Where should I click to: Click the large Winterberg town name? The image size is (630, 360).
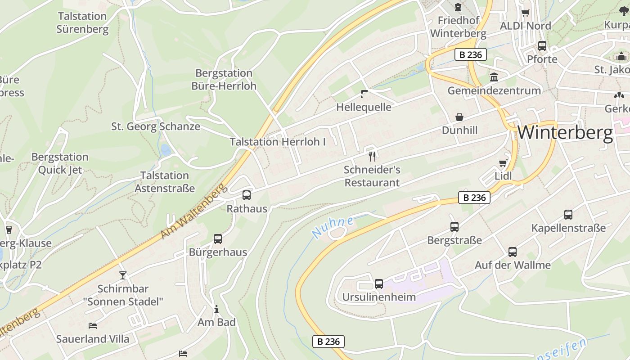pos(565,133)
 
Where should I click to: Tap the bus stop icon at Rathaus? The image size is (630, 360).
pos(247,195)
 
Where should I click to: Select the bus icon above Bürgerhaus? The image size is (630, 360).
pos(218,238)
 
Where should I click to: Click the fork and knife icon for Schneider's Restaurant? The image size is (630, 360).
pos(372,156)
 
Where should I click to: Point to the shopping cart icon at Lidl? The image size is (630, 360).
pos(503,163)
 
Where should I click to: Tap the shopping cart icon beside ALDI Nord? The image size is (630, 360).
pos(525,13)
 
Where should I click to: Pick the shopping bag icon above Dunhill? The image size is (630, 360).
pos(459,117)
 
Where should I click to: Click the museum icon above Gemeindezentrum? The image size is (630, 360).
pos(494,77)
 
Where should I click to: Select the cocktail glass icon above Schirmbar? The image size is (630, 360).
pos(123,275)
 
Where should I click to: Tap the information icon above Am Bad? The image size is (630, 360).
pos(216,309)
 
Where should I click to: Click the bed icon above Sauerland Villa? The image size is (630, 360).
pos(93,325)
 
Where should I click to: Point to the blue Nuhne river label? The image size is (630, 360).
pos(333,227)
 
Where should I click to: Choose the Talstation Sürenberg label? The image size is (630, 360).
pos(82,23)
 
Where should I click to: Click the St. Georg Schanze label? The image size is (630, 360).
pos(156,126)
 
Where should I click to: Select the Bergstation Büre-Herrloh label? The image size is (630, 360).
pos(224,79)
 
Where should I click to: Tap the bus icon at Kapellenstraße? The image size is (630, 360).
pos(568,214)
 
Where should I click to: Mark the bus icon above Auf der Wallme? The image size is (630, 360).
pos(513,252)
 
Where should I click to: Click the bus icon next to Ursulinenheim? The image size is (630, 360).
pos(379,283)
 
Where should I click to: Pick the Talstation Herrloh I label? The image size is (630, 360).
pos(278,142)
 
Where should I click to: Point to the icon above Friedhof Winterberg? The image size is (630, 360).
pos(458,7)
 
